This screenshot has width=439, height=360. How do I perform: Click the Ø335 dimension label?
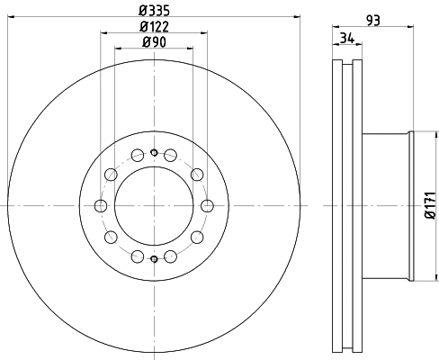click(154, 10)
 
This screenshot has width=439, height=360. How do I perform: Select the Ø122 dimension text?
click(154, 26)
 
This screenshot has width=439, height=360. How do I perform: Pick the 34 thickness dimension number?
click(345, 38)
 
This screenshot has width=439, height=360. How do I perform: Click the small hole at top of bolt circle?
click(154, 152)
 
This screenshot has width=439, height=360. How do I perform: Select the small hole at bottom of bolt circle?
click(154, 260)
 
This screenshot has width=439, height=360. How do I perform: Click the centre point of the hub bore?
click(154, 206)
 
